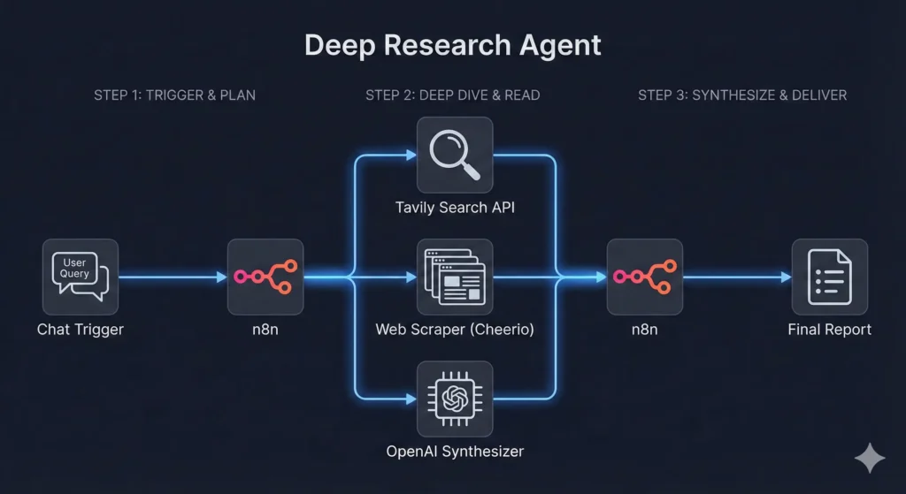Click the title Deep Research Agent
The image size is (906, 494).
coord(453,45)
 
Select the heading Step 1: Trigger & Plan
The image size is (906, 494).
coord(174,95)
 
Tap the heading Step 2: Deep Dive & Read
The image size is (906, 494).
coord(453,95)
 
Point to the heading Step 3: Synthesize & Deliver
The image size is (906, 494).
coord(742,95)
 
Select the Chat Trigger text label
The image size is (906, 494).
coord(81,330)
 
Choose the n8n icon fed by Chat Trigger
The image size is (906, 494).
coord(265,277)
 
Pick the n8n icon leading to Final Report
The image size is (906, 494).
coord(644,277)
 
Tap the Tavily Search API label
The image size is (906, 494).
coord(454,208)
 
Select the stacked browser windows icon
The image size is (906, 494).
coord(454,277)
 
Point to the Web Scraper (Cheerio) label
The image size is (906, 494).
coord(454,330)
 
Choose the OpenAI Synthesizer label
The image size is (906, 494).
coord(455,452)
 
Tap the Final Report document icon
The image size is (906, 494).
coord(829,277)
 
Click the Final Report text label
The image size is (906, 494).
coord(829,330)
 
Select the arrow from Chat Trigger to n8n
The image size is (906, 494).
coord(173,277)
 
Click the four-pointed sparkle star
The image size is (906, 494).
coord(870,458)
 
